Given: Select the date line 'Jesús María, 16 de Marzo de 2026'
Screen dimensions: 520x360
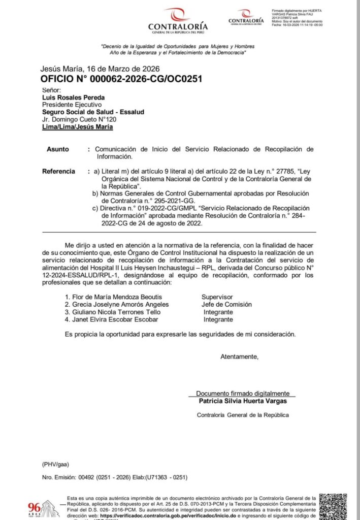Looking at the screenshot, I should point(100,69).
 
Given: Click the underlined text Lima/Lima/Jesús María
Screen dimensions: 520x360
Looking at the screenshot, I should point(77,127).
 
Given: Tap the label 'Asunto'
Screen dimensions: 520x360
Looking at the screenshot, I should point(57,149).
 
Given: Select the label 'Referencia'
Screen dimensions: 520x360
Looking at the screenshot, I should point(59,172).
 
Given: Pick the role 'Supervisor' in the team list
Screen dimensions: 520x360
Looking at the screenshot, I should point(217,297).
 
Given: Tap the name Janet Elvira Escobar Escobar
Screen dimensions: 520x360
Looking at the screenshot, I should point(111,319).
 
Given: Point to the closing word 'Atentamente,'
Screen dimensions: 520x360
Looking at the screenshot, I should point(239,356).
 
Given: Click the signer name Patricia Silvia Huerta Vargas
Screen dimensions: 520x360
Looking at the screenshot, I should point(242,401).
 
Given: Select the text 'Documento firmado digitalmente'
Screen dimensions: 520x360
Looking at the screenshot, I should point(243,393).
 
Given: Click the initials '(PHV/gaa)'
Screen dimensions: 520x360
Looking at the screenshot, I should point(55,464).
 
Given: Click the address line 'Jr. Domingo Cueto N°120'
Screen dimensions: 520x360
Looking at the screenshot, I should point(79,119).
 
